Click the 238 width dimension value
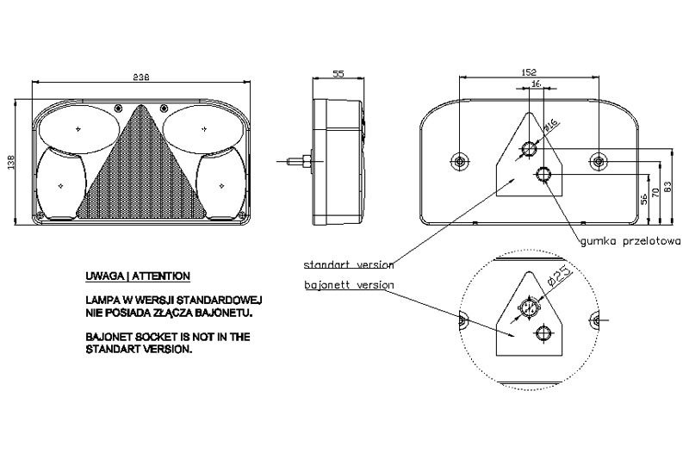tap(141, 77)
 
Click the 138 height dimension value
tap(11, 162)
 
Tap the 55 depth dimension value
tap(338, 74)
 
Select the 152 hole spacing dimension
tap(529, 72)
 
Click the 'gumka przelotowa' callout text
tap(630, 241)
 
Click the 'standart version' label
tap(349, 264)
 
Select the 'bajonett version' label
tap(349, 285)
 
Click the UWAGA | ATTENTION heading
tap(138, 276)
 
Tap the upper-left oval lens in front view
tap(78, 128)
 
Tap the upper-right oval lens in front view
tap(203, 128)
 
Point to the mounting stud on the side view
tap(299, 162)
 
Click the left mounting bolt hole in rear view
tap(460, 162)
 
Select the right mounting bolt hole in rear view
tap(598, 162)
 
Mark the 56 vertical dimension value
tap(643, 199)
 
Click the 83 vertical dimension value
tap(668, 188)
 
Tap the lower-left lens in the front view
tap(60, 183)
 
